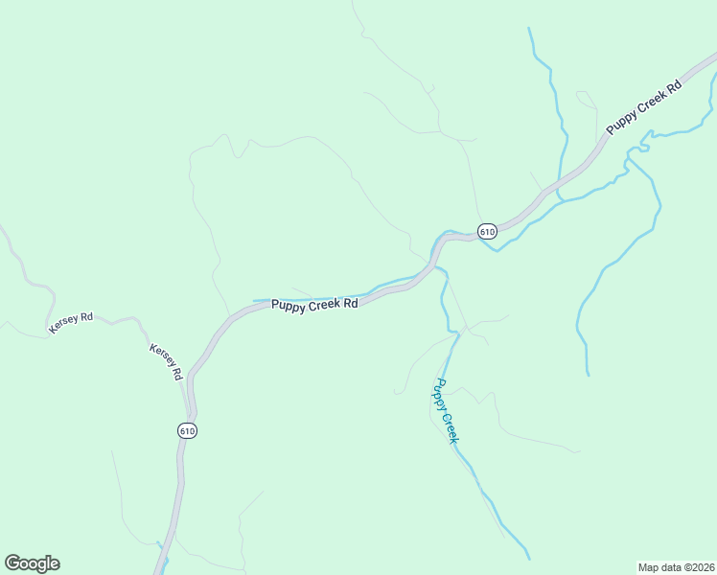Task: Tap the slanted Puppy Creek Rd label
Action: click(x=643, y=106)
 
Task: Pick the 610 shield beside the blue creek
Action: click(x=487, y=232)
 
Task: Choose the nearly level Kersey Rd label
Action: click(x=71, y=323)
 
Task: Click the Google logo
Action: click(x=32, y=563)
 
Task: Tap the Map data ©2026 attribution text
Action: click(x=676, y=567)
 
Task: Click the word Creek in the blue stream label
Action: click(x=450, y=425)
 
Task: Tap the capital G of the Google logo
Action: click(x=12, y=563)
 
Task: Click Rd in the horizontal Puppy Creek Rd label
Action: click(x=351, y=304)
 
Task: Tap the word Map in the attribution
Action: click(x=648, y=567)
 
